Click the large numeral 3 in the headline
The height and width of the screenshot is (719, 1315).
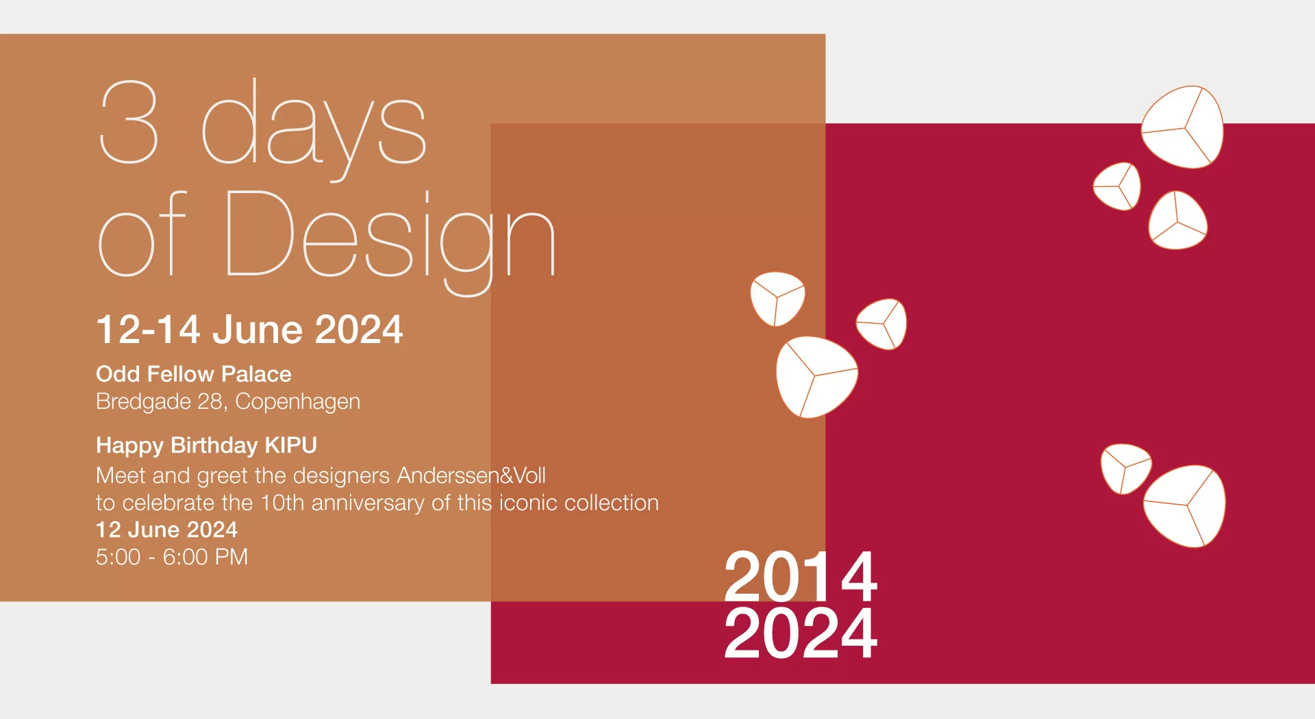129,122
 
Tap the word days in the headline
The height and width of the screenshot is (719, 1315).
314,127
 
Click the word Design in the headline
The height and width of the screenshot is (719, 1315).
390,236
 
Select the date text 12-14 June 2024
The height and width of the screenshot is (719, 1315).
249,329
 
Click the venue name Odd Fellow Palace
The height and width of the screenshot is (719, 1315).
193,374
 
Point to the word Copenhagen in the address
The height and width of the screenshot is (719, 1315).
297,401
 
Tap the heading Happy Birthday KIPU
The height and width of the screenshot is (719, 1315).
206,445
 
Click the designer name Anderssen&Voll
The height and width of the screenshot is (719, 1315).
471,475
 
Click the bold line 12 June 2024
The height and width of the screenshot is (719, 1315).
166,529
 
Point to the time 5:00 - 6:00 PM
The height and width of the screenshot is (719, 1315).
172,557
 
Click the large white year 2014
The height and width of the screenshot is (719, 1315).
800,577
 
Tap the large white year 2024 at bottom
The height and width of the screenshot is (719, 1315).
800,634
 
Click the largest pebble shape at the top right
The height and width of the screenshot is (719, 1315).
1183,127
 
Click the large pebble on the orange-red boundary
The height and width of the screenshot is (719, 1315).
815,377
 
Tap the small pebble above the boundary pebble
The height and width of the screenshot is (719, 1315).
777,299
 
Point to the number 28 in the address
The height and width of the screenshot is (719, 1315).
210,401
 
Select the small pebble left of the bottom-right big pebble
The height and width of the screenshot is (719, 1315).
1124,468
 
